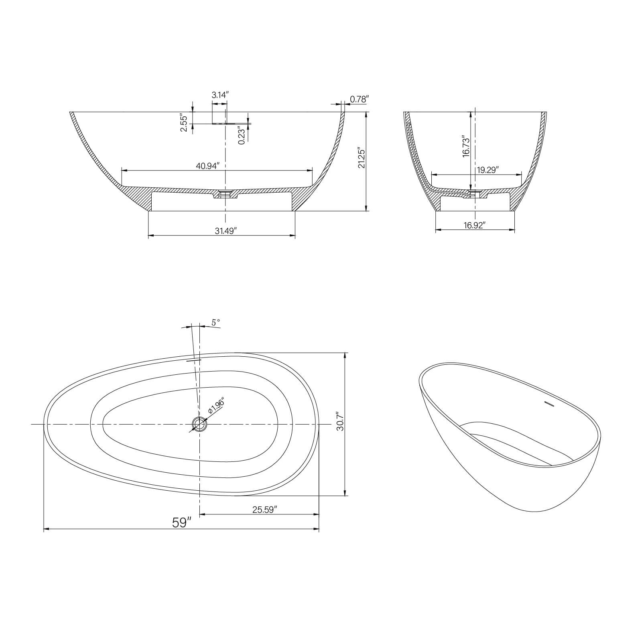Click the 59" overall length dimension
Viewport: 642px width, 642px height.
[x=181, y=522]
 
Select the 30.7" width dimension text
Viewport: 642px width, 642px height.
[x=340, y=421]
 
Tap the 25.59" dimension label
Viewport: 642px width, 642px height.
[x=265, y=510]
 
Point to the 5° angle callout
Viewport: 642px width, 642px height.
[x=216, y=322]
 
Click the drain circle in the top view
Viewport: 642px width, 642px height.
[x=199, y=424]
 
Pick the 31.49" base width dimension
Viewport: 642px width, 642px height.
[x=226, y=231]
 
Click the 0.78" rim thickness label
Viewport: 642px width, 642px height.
[x=359, y=99]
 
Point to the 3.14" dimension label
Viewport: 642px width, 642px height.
[x=220, y=95]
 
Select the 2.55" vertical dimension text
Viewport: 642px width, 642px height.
[x=184, y=123]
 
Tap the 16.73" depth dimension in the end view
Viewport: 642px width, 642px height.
[x=465, y=146]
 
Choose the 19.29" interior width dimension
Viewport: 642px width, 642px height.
[x=488, y=170]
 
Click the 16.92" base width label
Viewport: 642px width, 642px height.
[x=475, y=225]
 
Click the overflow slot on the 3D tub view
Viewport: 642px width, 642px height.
[x=549, y=404]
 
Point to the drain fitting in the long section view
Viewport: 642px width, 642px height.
[x=225, y=194]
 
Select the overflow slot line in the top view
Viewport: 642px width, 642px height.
[x=193, y=360]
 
